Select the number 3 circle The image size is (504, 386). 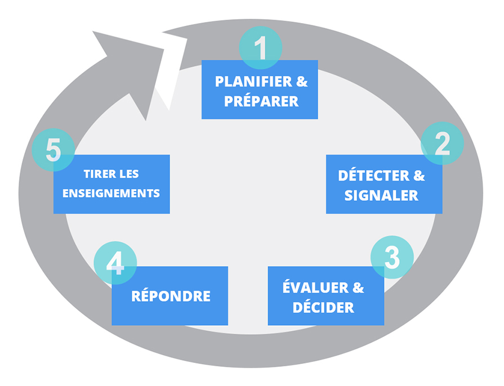(392, 257)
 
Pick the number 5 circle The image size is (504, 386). (53, 151)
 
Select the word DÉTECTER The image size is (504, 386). (374, 176)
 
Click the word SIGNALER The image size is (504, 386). (381, 195)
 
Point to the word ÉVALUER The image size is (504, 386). (315, 288)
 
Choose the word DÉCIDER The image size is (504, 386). (323, 308)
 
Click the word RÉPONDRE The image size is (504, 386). (171, 296)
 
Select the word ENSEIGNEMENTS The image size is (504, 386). (111, 193)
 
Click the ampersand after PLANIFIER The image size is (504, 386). (302, 82)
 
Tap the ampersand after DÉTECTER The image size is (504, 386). (419, 176)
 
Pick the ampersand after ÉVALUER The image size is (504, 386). (358, 288)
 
